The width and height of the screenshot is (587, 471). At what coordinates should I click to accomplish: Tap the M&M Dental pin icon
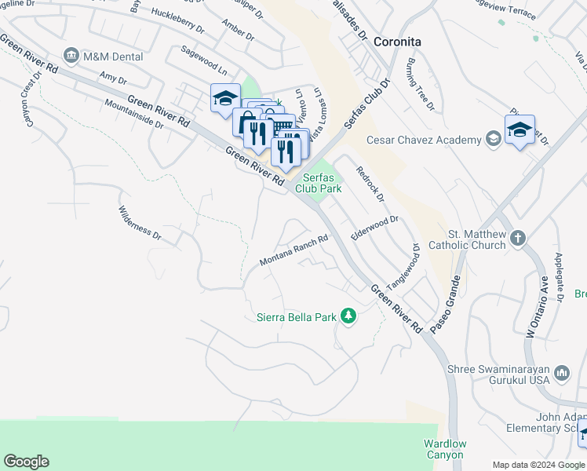[71, 56]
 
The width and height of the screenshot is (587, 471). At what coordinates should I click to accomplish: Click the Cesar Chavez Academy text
[424, 141]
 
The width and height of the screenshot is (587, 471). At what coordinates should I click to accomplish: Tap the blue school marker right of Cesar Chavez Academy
[520, 130]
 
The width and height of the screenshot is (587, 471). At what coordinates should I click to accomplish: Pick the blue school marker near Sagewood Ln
[225, 99]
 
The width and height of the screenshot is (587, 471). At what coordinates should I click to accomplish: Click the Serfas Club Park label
[319, 184]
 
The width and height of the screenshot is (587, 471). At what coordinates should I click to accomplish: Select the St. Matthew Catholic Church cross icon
[517, 237]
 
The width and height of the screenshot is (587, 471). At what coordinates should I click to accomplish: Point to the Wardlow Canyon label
[444, 449]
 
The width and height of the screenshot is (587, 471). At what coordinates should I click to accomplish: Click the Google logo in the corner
[26, 462]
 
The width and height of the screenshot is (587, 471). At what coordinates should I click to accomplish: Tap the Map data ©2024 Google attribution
[538, 465]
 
